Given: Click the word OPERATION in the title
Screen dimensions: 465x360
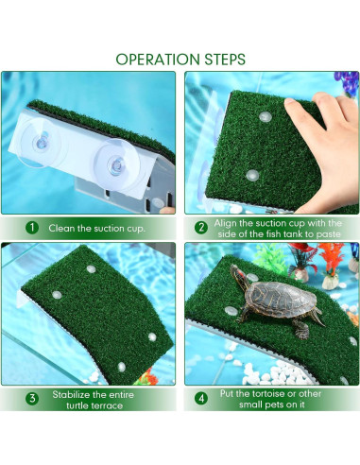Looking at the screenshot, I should [x=156, y=59].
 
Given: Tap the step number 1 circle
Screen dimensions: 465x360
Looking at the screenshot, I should [x=31, y=228].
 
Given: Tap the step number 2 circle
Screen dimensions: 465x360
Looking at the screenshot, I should [x=201, y=228].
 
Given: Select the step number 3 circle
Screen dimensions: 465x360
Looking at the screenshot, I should [x=31, y=398].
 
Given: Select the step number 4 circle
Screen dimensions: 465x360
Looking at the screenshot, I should [x=201, y=398].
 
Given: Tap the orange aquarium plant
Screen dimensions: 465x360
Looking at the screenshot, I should [x=330, y=258].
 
